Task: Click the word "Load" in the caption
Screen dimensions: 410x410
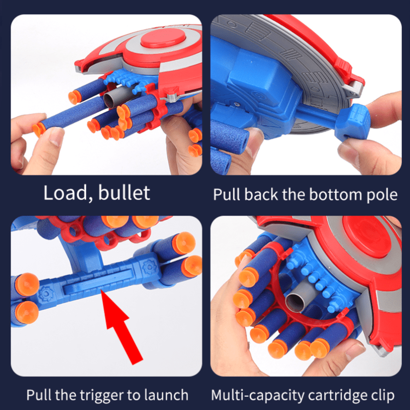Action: (65, 193)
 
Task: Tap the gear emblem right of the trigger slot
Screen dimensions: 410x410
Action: (149, 266)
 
